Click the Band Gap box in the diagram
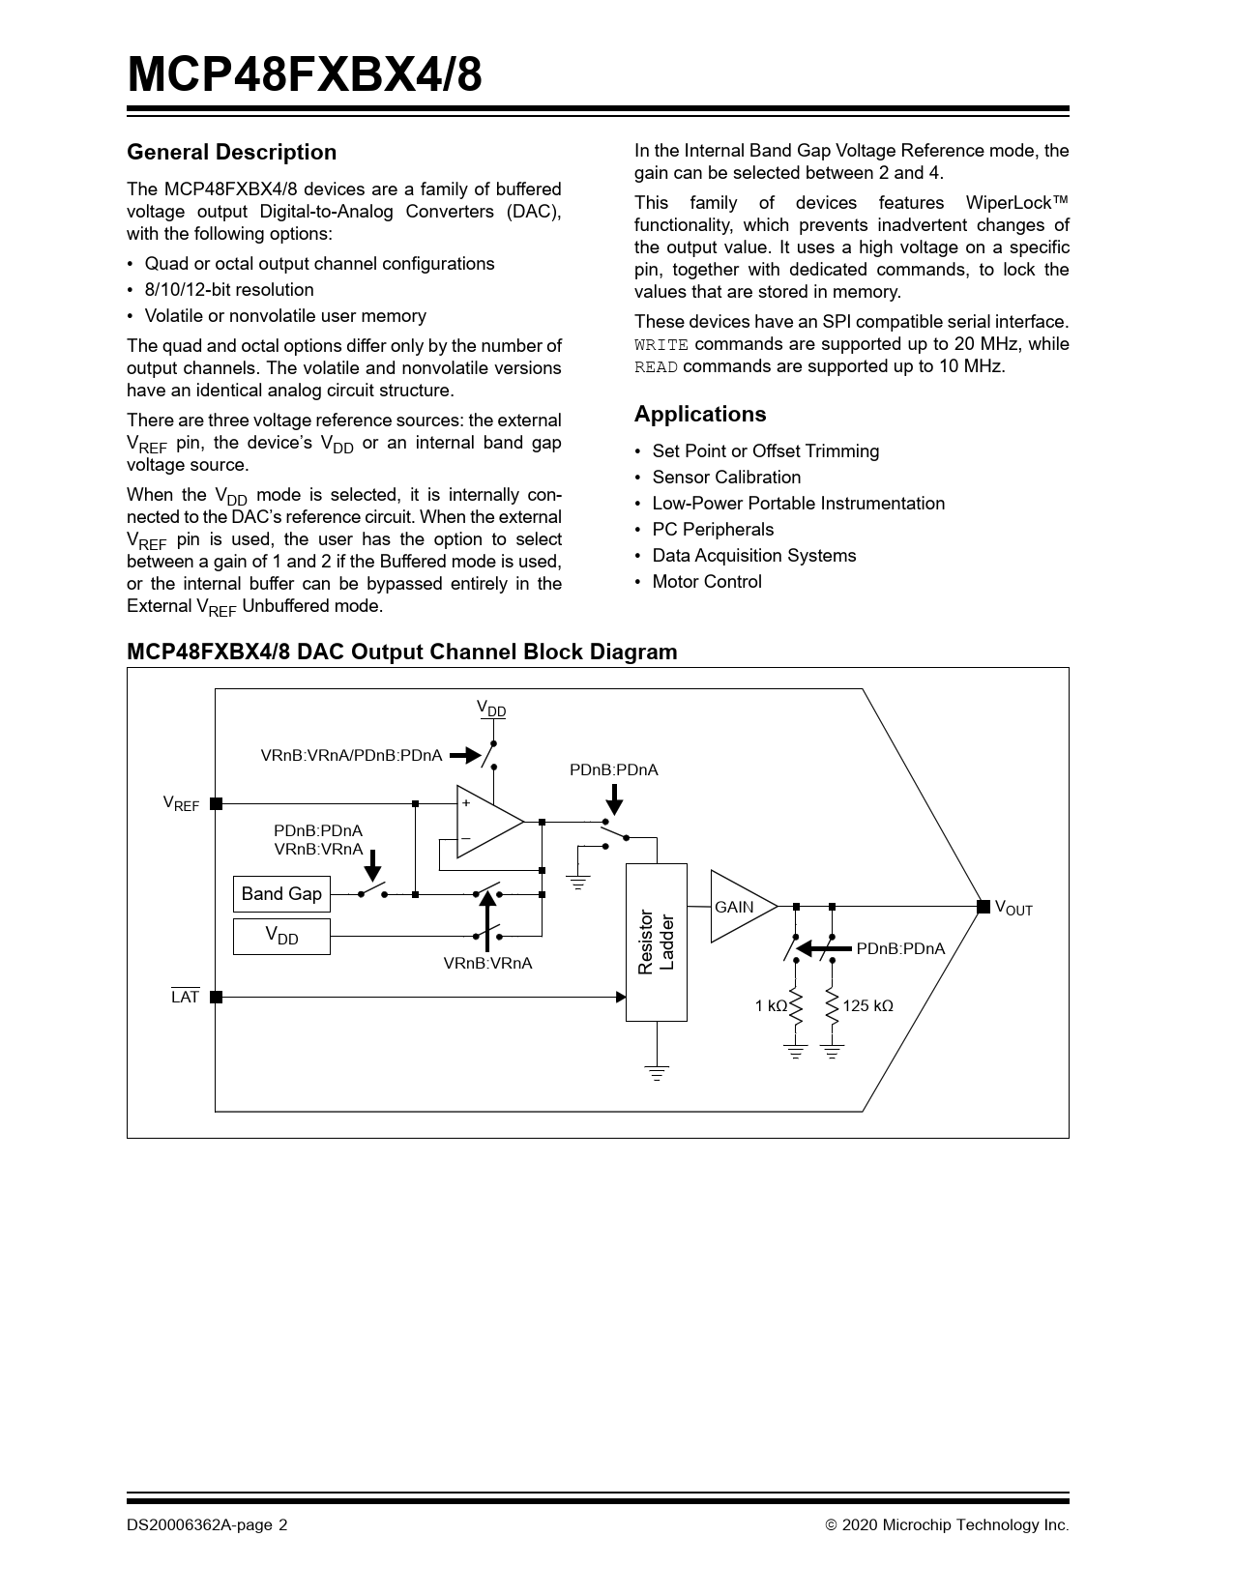click(x=281, y=894)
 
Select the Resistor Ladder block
click(x=657, y=942)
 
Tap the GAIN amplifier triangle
click(x=739, y=907)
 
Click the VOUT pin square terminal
click(x=983, y=907)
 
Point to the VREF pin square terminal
click(x=216, y=803)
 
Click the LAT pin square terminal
click(x=216, y=997)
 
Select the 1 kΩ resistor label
click(x=771, y=1006)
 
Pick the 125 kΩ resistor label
click(x=867, y=1006)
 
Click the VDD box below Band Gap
click(x=281, y=937)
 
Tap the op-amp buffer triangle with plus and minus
click(x=486, y=822)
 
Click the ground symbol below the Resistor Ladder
click(x=657, y=1071)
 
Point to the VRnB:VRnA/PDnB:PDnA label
click(x=351, y=755)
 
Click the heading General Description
click(x=232, y=153)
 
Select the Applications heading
click(x=700, y=415)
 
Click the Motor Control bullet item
click(x=707, y=582)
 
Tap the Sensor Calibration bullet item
click(x=726, y=478)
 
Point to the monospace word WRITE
click(x=661, y=345)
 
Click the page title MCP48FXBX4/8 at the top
click(x=304, y=74)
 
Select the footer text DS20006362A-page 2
click(x=207, y=1525)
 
